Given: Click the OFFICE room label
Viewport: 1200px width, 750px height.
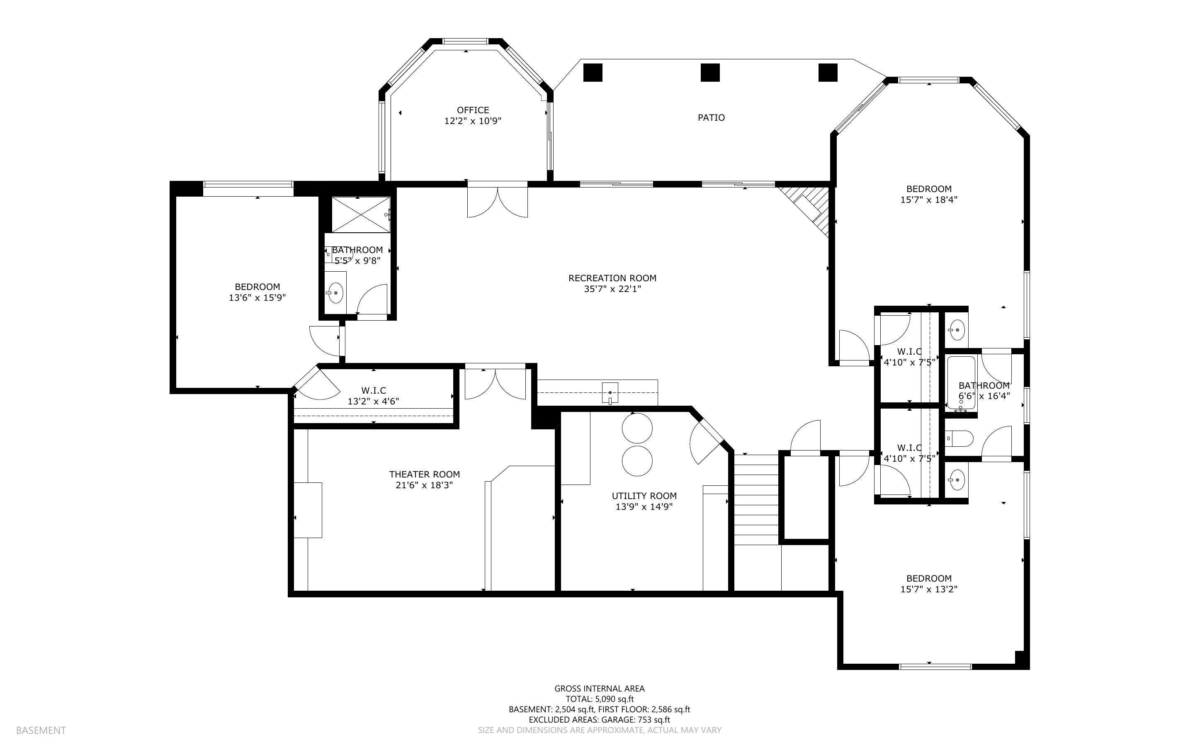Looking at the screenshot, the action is pyautogui.click(x=473, y=110).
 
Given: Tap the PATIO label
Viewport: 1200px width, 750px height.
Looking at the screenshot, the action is pyautogui.click(x=711, y=117).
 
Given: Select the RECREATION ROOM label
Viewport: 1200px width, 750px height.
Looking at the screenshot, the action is pyautogui.click(x=612, y=278).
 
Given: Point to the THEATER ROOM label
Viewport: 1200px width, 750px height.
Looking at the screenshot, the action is pyautogui.click(x=424, y=474).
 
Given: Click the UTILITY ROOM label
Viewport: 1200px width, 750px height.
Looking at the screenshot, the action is pyautogui.click(x=644, y=496).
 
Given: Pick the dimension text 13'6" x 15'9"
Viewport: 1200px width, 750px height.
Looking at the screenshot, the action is pyautogui.click(x=257, y=297).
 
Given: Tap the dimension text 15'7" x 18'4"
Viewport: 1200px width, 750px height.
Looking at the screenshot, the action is pyautogui.click(x=929, y=200).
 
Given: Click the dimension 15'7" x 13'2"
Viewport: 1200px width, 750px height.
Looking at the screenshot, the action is pyautogui.click(x=929, y=589).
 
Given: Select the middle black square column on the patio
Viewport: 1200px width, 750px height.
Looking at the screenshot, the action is pyautogui.click(x=710, y=73).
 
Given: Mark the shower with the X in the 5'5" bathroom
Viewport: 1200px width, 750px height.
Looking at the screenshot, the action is pyautogui.click(x=361, y=214).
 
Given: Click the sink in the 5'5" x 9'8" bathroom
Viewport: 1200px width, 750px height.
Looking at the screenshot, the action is pyautogui.click(x=336, y=293).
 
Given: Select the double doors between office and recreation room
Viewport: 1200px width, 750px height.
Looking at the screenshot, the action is pyautogui.click(x=498, y=200).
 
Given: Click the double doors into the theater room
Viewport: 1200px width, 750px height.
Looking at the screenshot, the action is pyautogui.click(x=495, y=382).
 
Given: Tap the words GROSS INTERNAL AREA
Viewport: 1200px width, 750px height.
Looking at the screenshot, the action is pyautogui.click(x=599, y=689).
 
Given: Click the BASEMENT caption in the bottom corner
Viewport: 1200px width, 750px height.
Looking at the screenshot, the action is pyautogui.click(x=41, y=730).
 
